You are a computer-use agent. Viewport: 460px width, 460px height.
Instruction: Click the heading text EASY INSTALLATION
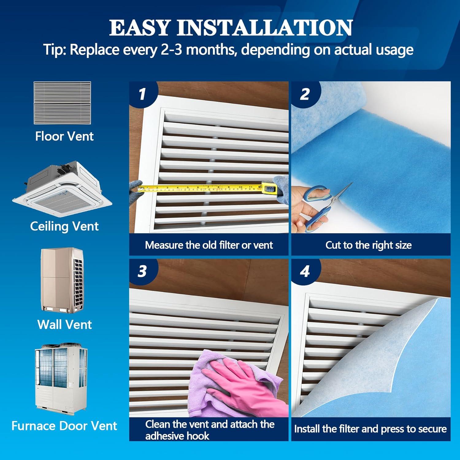[231, 28]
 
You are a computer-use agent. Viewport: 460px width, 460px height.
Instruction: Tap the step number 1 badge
[142, 94]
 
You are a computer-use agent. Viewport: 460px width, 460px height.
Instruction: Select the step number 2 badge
[305, 94]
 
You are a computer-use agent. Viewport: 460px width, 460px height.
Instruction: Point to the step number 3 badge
[142, 272]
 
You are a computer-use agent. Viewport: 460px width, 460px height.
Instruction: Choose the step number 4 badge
[305, 272]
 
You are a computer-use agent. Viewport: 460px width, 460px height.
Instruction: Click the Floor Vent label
[64, 136]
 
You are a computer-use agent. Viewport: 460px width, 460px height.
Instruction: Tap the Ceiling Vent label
[64, 226]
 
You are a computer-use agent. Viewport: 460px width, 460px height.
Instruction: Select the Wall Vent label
[64, 324]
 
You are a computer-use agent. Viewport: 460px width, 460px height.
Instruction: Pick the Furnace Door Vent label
[64, 426]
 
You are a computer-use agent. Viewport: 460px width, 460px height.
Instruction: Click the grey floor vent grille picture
[62, 103]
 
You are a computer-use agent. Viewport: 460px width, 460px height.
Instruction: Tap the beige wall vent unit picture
[62, 279]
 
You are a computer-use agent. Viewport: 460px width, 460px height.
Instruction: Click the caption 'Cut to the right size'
[368, 245]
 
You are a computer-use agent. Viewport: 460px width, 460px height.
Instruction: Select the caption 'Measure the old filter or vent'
[209, 245]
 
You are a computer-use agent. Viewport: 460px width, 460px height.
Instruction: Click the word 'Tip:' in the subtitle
[55, 50]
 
